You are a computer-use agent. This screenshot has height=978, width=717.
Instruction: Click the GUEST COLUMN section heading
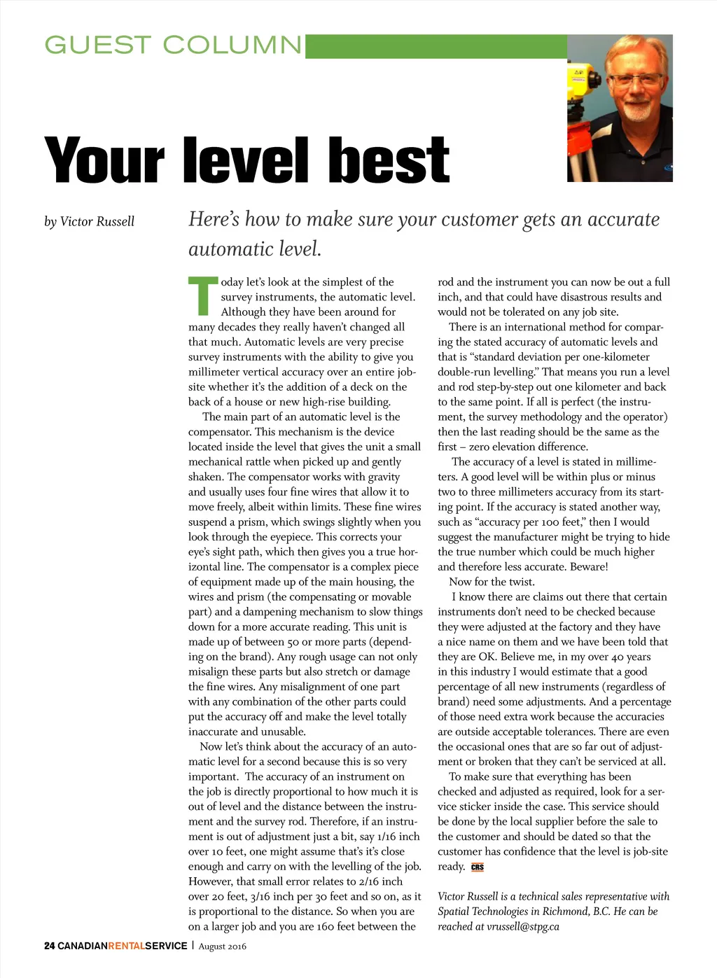click(173, 46)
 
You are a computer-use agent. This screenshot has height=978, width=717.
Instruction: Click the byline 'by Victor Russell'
click(89, 222)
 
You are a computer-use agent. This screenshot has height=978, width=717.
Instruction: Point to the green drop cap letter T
click(203, 296)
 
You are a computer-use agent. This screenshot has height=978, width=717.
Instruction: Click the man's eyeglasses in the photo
click(634, 80)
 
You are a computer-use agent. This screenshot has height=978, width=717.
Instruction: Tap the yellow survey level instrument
click(585, 82)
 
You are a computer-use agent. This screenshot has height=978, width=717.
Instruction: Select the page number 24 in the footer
click(49, 946)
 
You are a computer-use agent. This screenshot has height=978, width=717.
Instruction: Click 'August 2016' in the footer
click(222, 946)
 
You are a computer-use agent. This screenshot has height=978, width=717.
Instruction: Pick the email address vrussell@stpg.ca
click(523, 927)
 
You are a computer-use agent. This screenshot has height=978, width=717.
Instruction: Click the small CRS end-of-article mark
click(478, 867)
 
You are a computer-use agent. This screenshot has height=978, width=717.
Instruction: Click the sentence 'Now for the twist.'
click(492, 582)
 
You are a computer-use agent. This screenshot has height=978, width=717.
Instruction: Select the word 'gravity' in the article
click(382, 477)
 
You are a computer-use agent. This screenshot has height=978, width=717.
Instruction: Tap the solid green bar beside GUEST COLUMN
click(436, 46)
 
